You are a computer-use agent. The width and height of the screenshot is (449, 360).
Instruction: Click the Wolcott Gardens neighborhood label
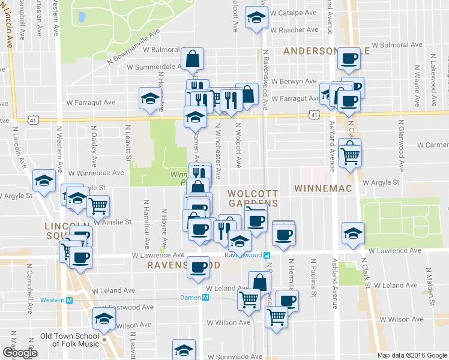click(x=252, y=199)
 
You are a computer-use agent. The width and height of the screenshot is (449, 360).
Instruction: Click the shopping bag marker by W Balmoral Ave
click(x=192, y=59)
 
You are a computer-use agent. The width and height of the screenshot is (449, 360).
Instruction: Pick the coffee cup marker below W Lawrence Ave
click(x=197, y=268)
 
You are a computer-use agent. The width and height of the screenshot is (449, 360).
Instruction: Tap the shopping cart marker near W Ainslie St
click(x=98, y=206)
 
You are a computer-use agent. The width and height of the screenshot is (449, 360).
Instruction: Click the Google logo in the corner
click(x=19, y=352)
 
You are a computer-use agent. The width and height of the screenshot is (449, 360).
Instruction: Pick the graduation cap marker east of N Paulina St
click(x=353, y=233)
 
